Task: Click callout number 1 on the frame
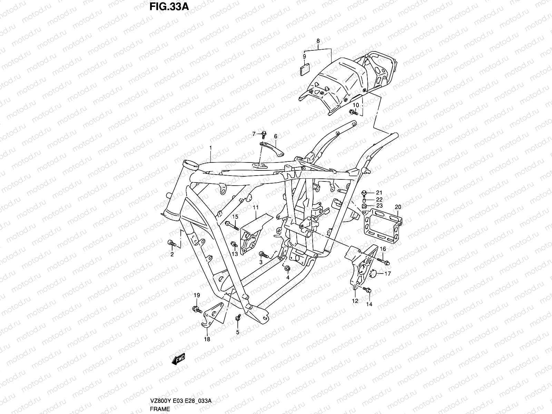click(210, 148)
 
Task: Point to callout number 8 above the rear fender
click(318, 41)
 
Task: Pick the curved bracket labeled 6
click(270, 149)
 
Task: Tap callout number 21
click(379, 193)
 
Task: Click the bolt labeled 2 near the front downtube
click(171, 244)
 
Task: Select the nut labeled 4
click(288, 268)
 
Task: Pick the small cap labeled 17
click(373, 274)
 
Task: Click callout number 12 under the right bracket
click(355, 301)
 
